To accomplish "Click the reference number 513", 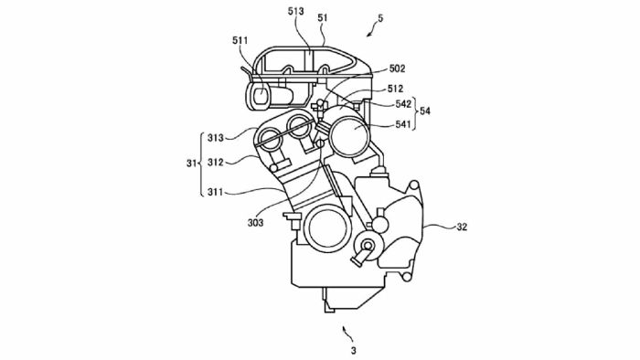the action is (295, 11).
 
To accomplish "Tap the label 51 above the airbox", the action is (323, 18).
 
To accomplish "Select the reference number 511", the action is (240, 40).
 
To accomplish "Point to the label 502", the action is (397, 69).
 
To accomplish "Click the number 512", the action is (395, 89).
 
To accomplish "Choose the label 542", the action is (403, 104).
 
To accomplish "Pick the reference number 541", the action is (402, 124).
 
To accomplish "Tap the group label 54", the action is (425, 111).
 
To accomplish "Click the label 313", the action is (216, 138).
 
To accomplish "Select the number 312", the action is (216, 163).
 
